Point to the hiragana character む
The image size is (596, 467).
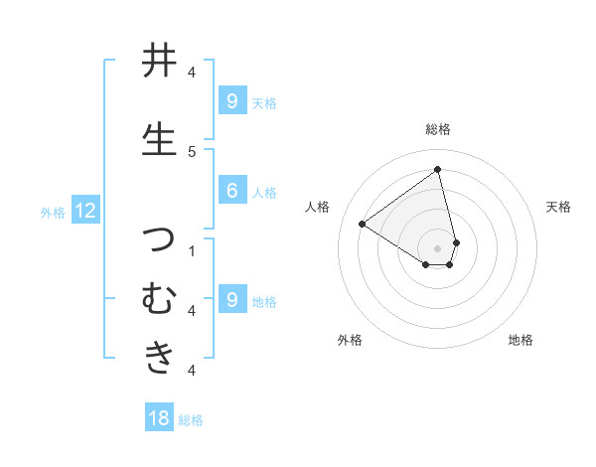pyautogui.click(x=160, y=298)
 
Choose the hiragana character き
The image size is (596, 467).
pyautogui.click(x=160, y=356)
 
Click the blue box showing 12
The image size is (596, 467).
pyautogui.click(x=85, y=211)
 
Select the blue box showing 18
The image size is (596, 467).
pyautogui.click(x=159, y=418)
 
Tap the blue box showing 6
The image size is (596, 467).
pyautogui.click(x=231, y=191)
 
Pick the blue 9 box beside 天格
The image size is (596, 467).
pyautogui.click(x=231, y=100)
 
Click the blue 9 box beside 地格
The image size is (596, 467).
pyautogui.click(x=231, y=299)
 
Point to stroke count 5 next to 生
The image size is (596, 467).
pyautogui.click(x=192, y=151)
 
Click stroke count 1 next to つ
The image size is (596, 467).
pyautogui.click(x=192, y=250)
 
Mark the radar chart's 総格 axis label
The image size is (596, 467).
pyautogui.click(x=438, y=129)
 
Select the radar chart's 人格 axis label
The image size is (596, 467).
pyautogui.click(x=318, y=207)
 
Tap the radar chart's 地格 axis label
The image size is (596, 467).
pyautogui.click(x=521, y=341)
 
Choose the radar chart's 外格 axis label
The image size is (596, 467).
pyautogui.click(x=350, y=341)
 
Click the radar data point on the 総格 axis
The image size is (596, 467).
pyautogui.click(x=438, y=169)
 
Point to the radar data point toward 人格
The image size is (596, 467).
pyautogui.click(x=363, y=224)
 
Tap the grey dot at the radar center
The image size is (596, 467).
pyautogui.click(x=438, y=247)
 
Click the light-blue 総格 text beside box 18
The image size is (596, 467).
pyautogui.click(x=191, y=420)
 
